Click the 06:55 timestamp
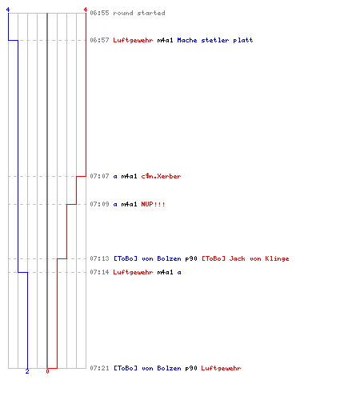(x=99, y=13)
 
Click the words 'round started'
(x=139, y=13)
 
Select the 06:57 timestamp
(x=99, y=40)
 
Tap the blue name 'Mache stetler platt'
(x=215, y=40)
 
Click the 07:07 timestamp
(x=99, y=176)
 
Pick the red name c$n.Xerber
(x=161, y=176)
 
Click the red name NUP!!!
(x=153, y=204)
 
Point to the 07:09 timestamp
(x=99, y=204)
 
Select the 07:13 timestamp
(x=99, y=258)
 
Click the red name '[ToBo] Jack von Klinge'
(x=246, y=258)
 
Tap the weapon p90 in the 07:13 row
(x=191, y=258)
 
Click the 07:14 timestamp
(x=99, y=272)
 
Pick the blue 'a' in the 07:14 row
(x=179, y=273)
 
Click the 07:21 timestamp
(x=99, y=368)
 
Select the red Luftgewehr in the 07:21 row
(x=221, y=368)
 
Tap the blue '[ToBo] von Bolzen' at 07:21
(x=147, y=368)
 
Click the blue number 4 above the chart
(x=8, y=10)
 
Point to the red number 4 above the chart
(x=86, y=10)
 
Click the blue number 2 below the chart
(x=27, y=371)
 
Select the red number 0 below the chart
(x=47, y=371)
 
